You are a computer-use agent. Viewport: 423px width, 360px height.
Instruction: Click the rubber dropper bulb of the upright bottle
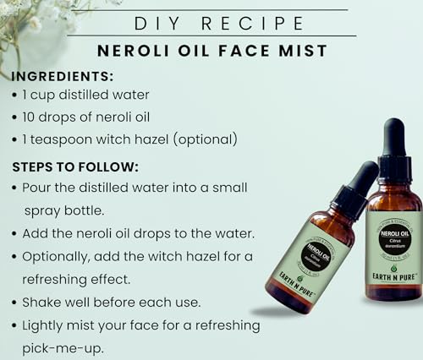pyautogui.click(x=393, y=137)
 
